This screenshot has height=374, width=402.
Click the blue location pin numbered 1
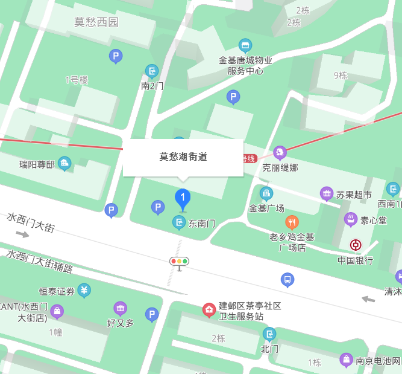coord(183,198)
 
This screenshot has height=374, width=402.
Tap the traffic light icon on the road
coord(179,262)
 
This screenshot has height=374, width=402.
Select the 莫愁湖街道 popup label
coord(183,157)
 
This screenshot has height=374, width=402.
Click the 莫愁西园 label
coord(96,22)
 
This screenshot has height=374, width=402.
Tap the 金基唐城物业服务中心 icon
coord(245,45)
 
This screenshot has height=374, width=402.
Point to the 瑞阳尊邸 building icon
coord(64,163)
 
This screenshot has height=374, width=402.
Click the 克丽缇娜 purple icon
coord(280,152)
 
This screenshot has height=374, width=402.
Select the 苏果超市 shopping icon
coord(327,194)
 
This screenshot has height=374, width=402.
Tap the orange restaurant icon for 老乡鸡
coord(292,222)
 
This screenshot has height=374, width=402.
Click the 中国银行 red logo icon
coord(356,245)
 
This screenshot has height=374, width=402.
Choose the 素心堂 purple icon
coord(350,219)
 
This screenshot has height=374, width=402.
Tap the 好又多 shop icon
coord(121,308)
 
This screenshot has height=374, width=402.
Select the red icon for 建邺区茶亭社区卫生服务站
coord(209,310)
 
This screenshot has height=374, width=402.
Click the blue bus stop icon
coord(287,280)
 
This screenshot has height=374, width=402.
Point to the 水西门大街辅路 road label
coord(40,262)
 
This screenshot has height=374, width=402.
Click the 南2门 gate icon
coord(151,71)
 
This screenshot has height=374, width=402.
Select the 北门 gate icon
coord(269,334)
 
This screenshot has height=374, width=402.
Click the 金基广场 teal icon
coord(266,193)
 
